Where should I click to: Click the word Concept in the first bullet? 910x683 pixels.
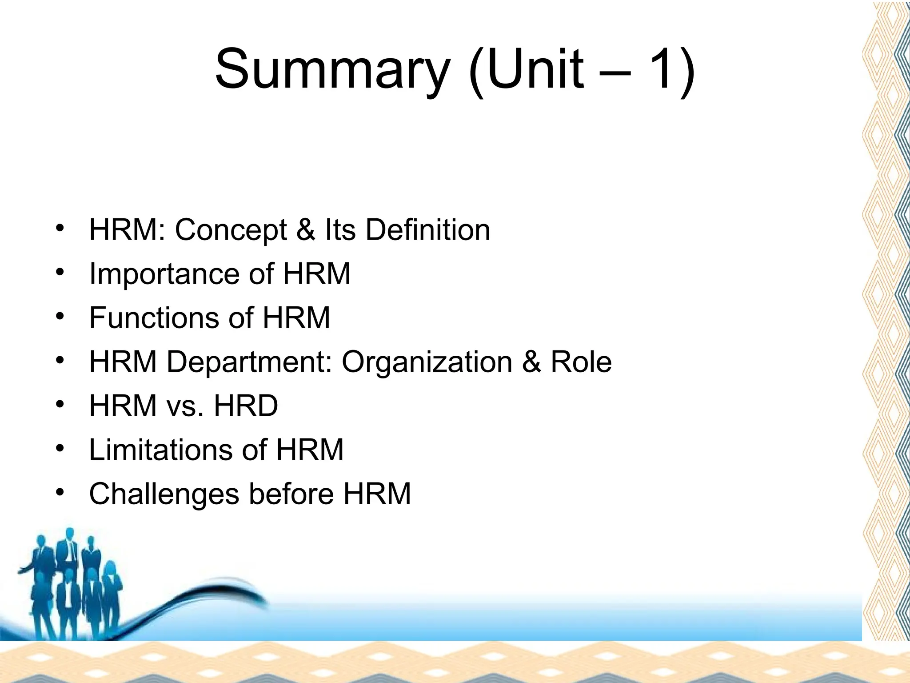[x=231, y=230]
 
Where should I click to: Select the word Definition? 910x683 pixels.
[x=428, y=230]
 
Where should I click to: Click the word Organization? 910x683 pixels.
[x=427, y=362]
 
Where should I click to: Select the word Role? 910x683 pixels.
[x=581, y=362]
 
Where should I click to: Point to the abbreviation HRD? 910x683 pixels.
[x=246, y=406]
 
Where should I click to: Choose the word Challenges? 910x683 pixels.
[x=164, y=494]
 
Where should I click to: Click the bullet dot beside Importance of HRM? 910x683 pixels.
[x=60, y=271]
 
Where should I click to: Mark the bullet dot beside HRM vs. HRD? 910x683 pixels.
[x=60, y=403]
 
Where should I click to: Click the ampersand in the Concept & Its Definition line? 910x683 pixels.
[x=305, y=230]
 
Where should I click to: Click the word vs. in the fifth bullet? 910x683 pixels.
[x=185, y=406]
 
